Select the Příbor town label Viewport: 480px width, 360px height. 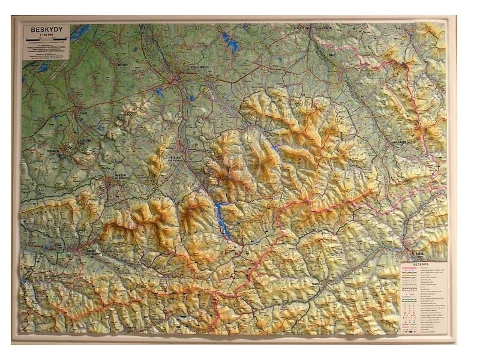(x=83, y=112)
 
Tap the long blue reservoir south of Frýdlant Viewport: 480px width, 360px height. (x=222, y=220)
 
